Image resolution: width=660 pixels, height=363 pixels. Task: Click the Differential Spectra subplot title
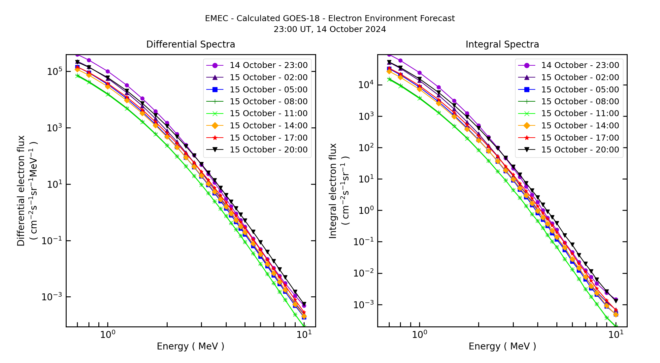(x=190, y=44)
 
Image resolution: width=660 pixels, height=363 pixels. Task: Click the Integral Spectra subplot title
(x=502, y=44)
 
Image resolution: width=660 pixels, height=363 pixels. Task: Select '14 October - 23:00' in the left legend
(x=268, y=65)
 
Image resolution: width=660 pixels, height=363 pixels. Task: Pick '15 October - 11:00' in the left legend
(x=268, y=114)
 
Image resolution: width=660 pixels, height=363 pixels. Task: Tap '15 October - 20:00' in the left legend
(x=268, y=150)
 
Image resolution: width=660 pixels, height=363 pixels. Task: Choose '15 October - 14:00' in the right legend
(x=580, y=126)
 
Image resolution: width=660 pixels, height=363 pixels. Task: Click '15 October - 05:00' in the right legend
(x=580, y=90)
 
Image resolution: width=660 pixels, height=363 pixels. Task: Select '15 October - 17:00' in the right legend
(x=580, y=138)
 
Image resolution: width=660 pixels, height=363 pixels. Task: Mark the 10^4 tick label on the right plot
(x=366, y=85)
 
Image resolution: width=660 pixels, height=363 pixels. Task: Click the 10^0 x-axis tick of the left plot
(x=108, y=334)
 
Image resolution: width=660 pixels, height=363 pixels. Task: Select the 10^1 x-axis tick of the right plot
(x=616, y=334)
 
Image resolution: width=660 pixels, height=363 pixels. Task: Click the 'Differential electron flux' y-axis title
(x=21, y=191)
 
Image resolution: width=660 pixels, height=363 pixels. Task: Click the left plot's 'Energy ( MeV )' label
(x=190, y=346)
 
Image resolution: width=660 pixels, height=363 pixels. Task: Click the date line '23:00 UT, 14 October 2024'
(x=330, y=29)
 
